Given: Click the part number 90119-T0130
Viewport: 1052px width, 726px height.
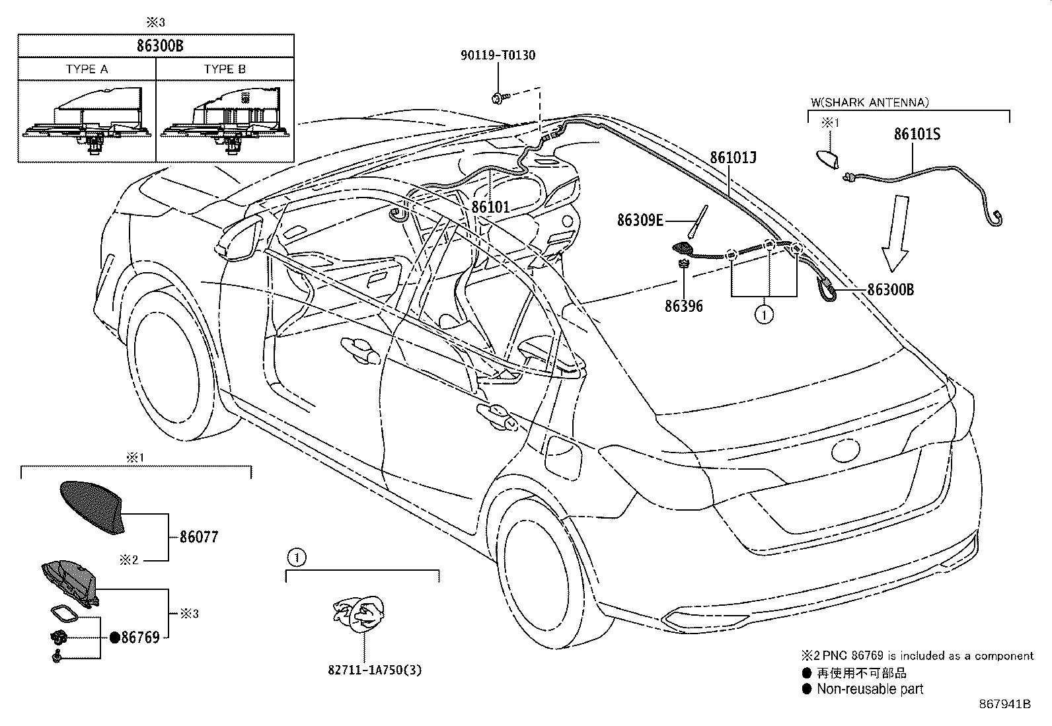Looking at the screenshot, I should pos(498,55).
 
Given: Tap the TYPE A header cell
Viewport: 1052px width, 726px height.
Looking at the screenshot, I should pos(87,69).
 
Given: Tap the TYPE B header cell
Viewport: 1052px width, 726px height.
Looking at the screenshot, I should pos(225,69).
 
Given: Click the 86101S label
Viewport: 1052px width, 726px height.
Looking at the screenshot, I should pos(917,134).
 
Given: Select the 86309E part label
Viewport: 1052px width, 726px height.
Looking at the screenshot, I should pos(640,220).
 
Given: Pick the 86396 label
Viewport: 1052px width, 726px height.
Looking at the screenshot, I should pos(683,306).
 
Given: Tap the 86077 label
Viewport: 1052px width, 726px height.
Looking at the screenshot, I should pos(199,537).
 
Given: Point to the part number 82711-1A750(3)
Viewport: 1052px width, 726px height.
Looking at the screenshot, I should pos(374,670).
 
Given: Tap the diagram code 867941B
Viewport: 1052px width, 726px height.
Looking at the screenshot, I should pos(1004,704).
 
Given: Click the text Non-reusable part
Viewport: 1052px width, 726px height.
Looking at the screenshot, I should pos(870,689).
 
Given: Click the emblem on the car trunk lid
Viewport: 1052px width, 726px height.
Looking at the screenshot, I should pos(848,451).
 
